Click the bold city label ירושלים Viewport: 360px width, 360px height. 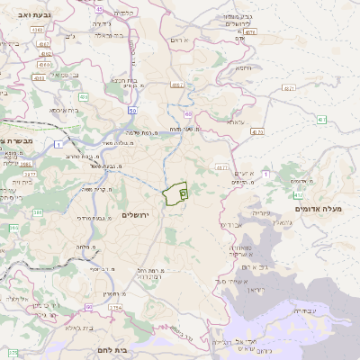139,216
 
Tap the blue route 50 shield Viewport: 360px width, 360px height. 132,112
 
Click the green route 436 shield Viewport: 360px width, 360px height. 82,95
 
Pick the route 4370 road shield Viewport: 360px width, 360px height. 257,132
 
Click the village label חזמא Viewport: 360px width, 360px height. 241,67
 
